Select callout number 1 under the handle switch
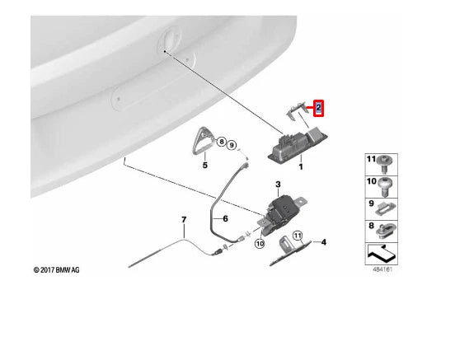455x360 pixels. (301, 167)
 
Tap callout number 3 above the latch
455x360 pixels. (279, 184)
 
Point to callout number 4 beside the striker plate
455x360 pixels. (324, 242)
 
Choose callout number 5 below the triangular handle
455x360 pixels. (204, 165)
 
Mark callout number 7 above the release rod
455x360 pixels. (184, 219)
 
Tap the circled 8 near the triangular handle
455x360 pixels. (221, 143)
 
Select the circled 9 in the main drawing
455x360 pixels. (233, 146)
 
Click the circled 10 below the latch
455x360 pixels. (260, 244)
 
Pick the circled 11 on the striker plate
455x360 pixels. (298, 236)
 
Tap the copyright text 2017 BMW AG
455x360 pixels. (57, 269)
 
